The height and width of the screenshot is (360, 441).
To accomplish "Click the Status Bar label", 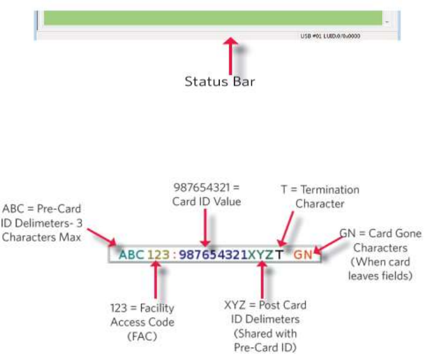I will pos(220,81).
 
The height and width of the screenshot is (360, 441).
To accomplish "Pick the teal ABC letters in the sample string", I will pos(131,254).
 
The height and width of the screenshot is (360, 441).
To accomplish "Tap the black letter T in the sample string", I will pos(280,254).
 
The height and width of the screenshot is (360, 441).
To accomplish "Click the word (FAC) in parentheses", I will pos(143,336).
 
